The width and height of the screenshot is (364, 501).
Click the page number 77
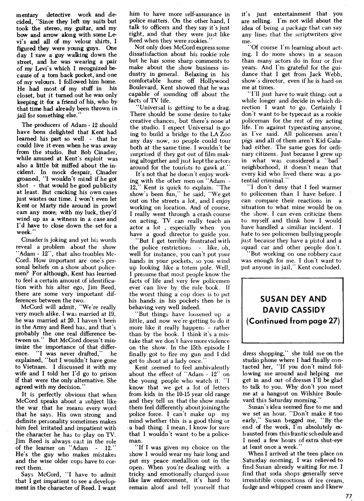point(349,495)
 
